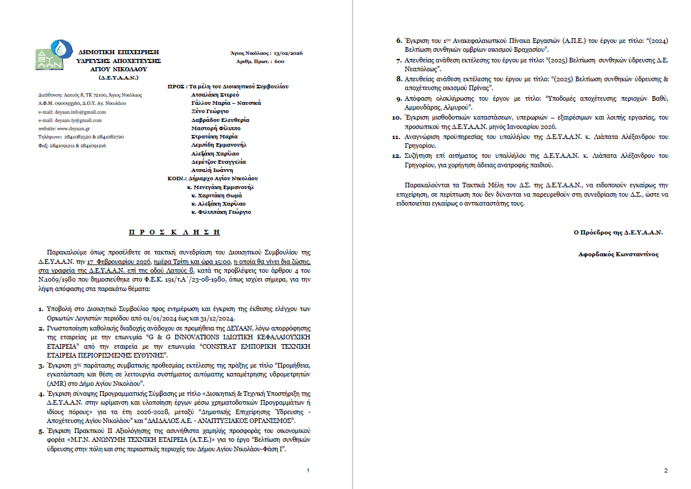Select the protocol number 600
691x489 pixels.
coord(279,61)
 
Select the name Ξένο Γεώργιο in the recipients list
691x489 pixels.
coord(211,111)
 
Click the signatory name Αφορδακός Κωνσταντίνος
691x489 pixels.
coord(619,255)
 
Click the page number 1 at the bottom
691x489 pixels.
coord(308,470)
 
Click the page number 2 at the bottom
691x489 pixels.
coord(665,470)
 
